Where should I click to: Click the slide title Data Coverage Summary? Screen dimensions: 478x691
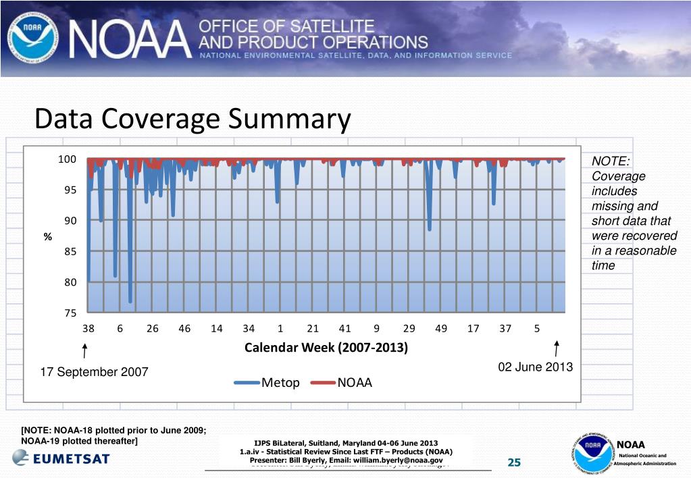tap(193, 120)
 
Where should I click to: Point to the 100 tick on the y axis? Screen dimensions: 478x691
tap(66, 159)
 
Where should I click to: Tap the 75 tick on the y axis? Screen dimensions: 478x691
tap(70, 313)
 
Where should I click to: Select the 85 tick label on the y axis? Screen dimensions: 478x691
tap(70, 252)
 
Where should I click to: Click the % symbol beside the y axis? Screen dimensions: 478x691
tap(48, 236)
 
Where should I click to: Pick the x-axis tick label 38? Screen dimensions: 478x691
tap(88, 329)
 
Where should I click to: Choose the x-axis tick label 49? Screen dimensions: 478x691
tap(441, 329)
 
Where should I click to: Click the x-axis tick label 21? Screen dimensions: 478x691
tap(312, 329)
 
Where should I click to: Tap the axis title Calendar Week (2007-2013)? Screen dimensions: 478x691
tap(326, 348)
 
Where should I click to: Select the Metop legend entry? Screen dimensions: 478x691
tap(267, 383)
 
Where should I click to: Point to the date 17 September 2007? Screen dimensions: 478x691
tap(95, 372)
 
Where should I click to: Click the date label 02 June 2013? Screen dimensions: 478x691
tap(535, 367)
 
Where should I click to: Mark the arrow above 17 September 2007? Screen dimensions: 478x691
tap(84, 351)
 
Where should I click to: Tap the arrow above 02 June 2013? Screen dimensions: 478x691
tap(556, 348)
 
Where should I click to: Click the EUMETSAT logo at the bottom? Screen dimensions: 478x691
tap(61, 458)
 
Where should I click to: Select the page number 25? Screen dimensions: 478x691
tap(514, 462)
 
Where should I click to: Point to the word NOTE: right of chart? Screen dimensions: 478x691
tap(611, 161)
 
